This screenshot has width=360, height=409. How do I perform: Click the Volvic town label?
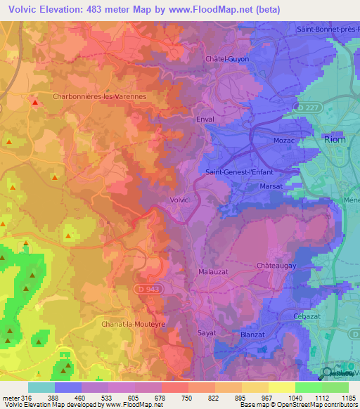180,200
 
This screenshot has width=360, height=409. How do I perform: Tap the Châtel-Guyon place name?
227,59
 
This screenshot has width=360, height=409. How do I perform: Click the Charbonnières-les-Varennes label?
99,96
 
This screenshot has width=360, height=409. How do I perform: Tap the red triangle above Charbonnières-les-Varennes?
34,103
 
